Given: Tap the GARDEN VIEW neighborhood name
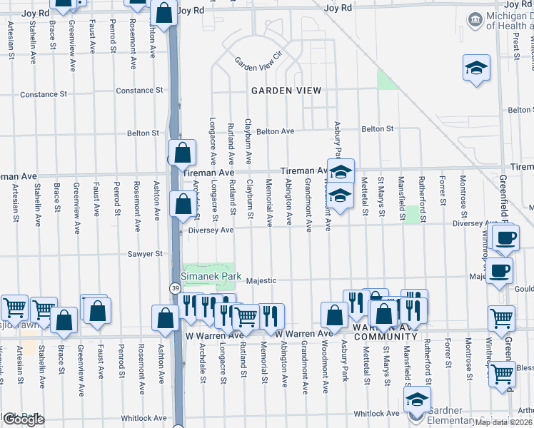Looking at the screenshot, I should [x=286, y=91].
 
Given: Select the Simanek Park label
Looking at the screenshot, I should [x=211, y=276].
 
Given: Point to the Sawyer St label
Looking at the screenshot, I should [x=145, y=253].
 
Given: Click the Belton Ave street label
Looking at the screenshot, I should [x=275, y=131].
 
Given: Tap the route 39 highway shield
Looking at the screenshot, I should [x=175, y=287].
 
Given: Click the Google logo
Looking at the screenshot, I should [x=23, y=419].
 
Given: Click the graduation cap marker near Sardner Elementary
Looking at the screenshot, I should [x=417, y=399].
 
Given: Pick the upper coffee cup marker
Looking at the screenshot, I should [x=506, y=238].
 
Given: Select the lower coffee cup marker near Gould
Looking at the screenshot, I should [x=500, y=270].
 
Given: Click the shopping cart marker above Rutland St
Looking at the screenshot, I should [x=246, y=315].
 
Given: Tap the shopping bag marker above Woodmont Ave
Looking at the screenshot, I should [x=334, y=315].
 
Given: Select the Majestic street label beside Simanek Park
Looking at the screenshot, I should [x=261, y=281].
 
